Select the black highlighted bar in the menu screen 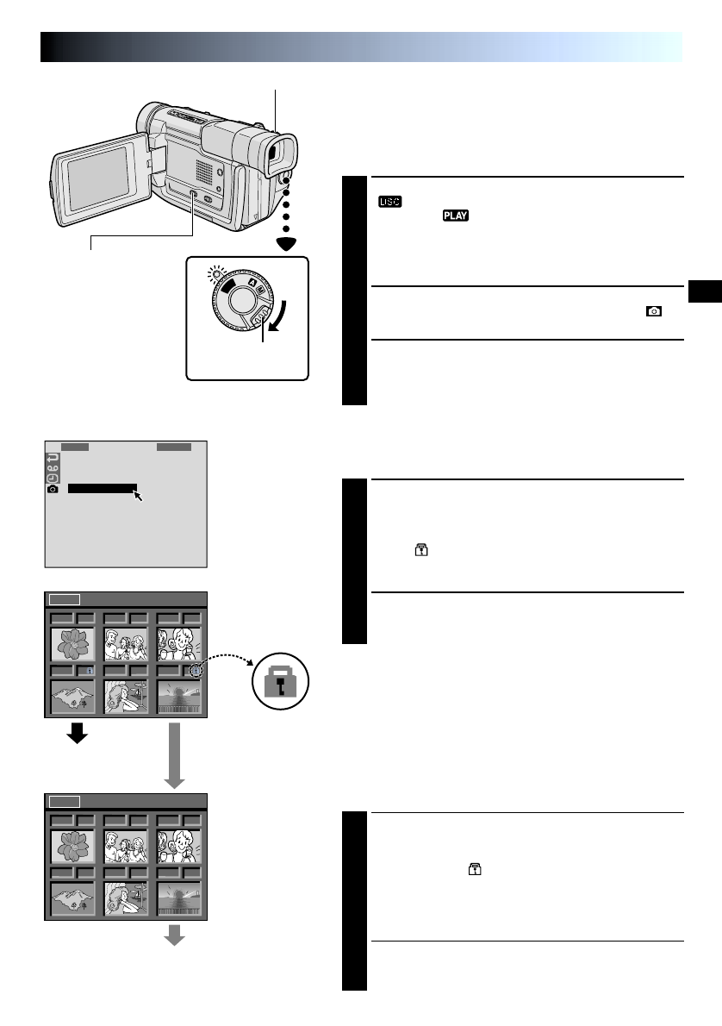click(x=102, y=489)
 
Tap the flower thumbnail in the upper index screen click(x=72, y=643)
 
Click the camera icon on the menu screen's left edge click(x=52, y=489)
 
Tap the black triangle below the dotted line click(x=284, y=245)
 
